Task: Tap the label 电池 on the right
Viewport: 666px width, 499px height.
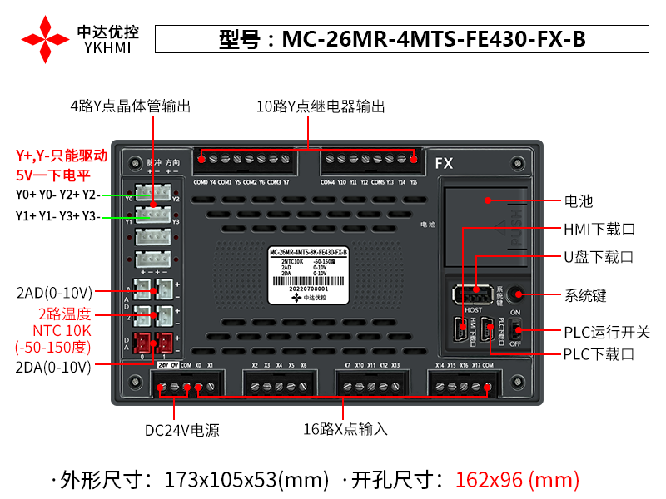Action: pos(579,200)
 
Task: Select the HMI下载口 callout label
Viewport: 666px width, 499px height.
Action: pos(599,229)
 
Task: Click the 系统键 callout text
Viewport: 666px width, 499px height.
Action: pos(585,294)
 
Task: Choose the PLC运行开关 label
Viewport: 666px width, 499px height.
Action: pos(606,332)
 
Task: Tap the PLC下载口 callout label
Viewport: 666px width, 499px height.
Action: pos(599,354)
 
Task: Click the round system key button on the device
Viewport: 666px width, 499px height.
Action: pos(516,294)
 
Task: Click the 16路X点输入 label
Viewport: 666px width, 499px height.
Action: pos(345,430)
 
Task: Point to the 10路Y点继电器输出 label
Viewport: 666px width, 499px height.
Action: pos(321,107)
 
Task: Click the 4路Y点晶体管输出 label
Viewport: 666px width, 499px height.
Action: pos(130,107)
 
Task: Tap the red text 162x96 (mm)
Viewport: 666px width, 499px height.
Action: pos(516,480)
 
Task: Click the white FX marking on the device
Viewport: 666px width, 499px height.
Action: pos(444,163)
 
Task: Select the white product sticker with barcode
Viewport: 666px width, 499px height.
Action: pos(309,275)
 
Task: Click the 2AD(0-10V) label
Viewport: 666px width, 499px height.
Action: pos(54,293)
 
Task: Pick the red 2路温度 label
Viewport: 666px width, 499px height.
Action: pos(65,314)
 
